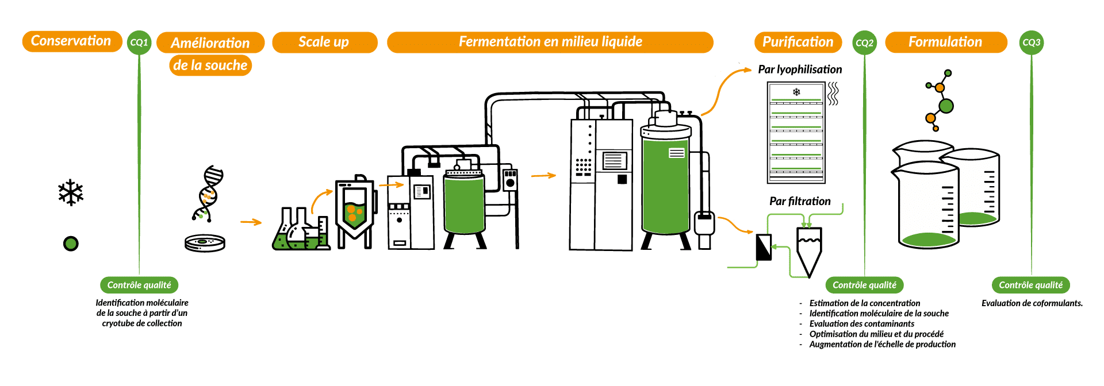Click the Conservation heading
72,41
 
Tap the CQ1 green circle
139,43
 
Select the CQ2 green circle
864,43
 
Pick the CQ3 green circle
1032,43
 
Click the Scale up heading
324,42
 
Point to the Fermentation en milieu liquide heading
550,42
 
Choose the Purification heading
798,42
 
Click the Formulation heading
946,42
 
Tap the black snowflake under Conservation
71,193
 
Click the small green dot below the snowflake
71,244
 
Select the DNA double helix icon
208,194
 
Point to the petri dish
205,243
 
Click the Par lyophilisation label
800,70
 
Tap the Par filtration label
800,201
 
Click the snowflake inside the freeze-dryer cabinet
796,92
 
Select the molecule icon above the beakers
940,101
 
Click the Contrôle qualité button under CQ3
1030,285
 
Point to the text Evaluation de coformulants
1032,303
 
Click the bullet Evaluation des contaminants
862,324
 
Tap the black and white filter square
764,247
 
